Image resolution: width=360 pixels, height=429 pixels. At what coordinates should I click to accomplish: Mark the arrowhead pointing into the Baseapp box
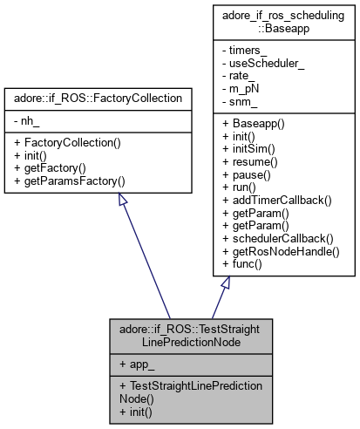pyautogui.click(x=225, y=283)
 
